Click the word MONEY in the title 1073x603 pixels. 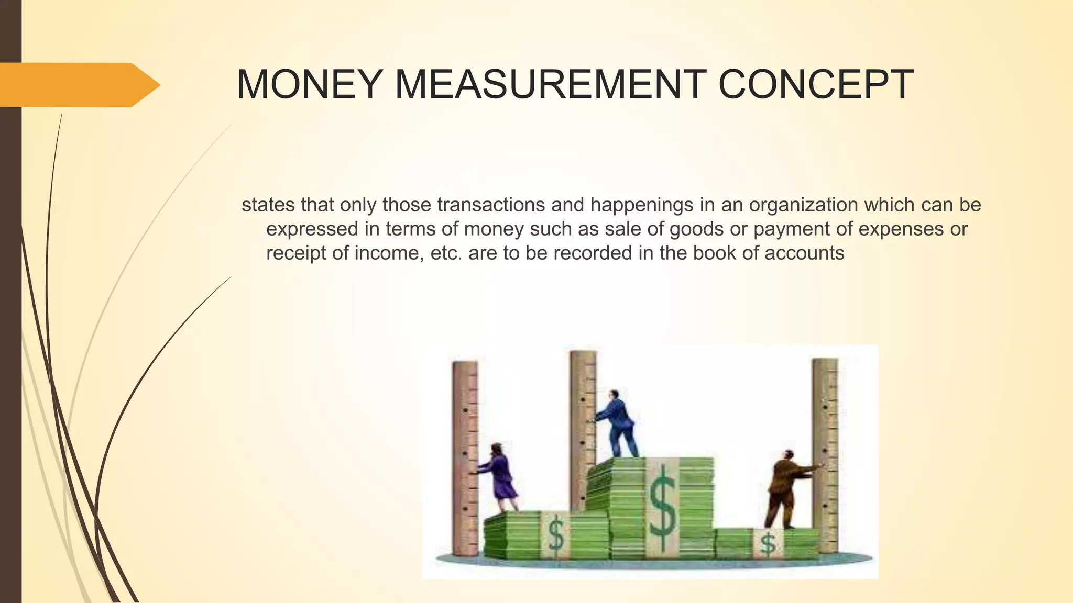[x=309, y=85]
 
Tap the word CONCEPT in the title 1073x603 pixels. [x=816, y=85]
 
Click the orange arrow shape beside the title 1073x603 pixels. [x=79, y=85]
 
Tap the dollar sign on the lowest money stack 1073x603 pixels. [x=768, y=543]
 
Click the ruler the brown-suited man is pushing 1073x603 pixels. [x=826, y=455]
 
